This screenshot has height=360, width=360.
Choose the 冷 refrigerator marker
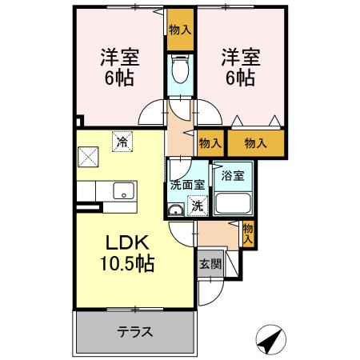coord(122,142)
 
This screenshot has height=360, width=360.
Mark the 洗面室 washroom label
coord(187,184)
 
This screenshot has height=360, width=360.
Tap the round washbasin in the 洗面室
coord(175,211)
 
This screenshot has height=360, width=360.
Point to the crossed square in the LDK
coord(88,156)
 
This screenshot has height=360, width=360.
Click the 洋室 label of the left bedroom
coord(119,58)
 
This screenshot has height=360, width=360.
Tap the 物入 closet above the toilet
coord(181,30)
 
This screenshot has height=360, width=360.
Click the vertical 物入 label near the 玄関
coord(248,233)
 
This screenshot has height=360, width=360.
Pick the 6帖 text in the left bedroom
coord(119,79)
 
